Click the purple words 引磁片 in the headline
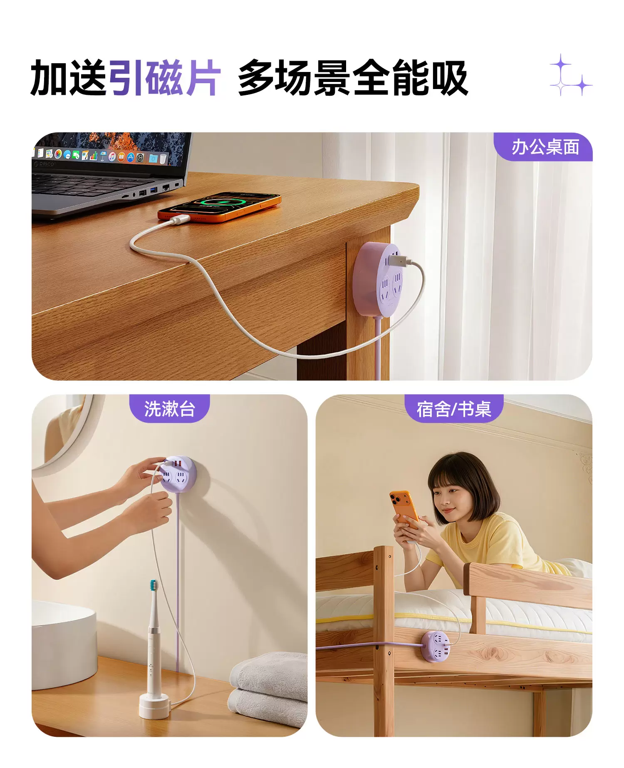pos(164,78)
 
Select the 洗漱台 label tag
pos(170,409)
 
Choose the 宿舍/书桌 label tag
pos(454,409)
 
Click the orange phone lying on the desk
pos(219,206)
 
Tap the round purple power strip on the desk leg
pos(379,280)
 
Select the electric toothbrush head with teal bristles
pos(154,587)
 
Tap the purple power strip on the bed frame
pos(436,647)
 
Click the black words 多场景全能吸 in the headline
pos(353,78)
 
